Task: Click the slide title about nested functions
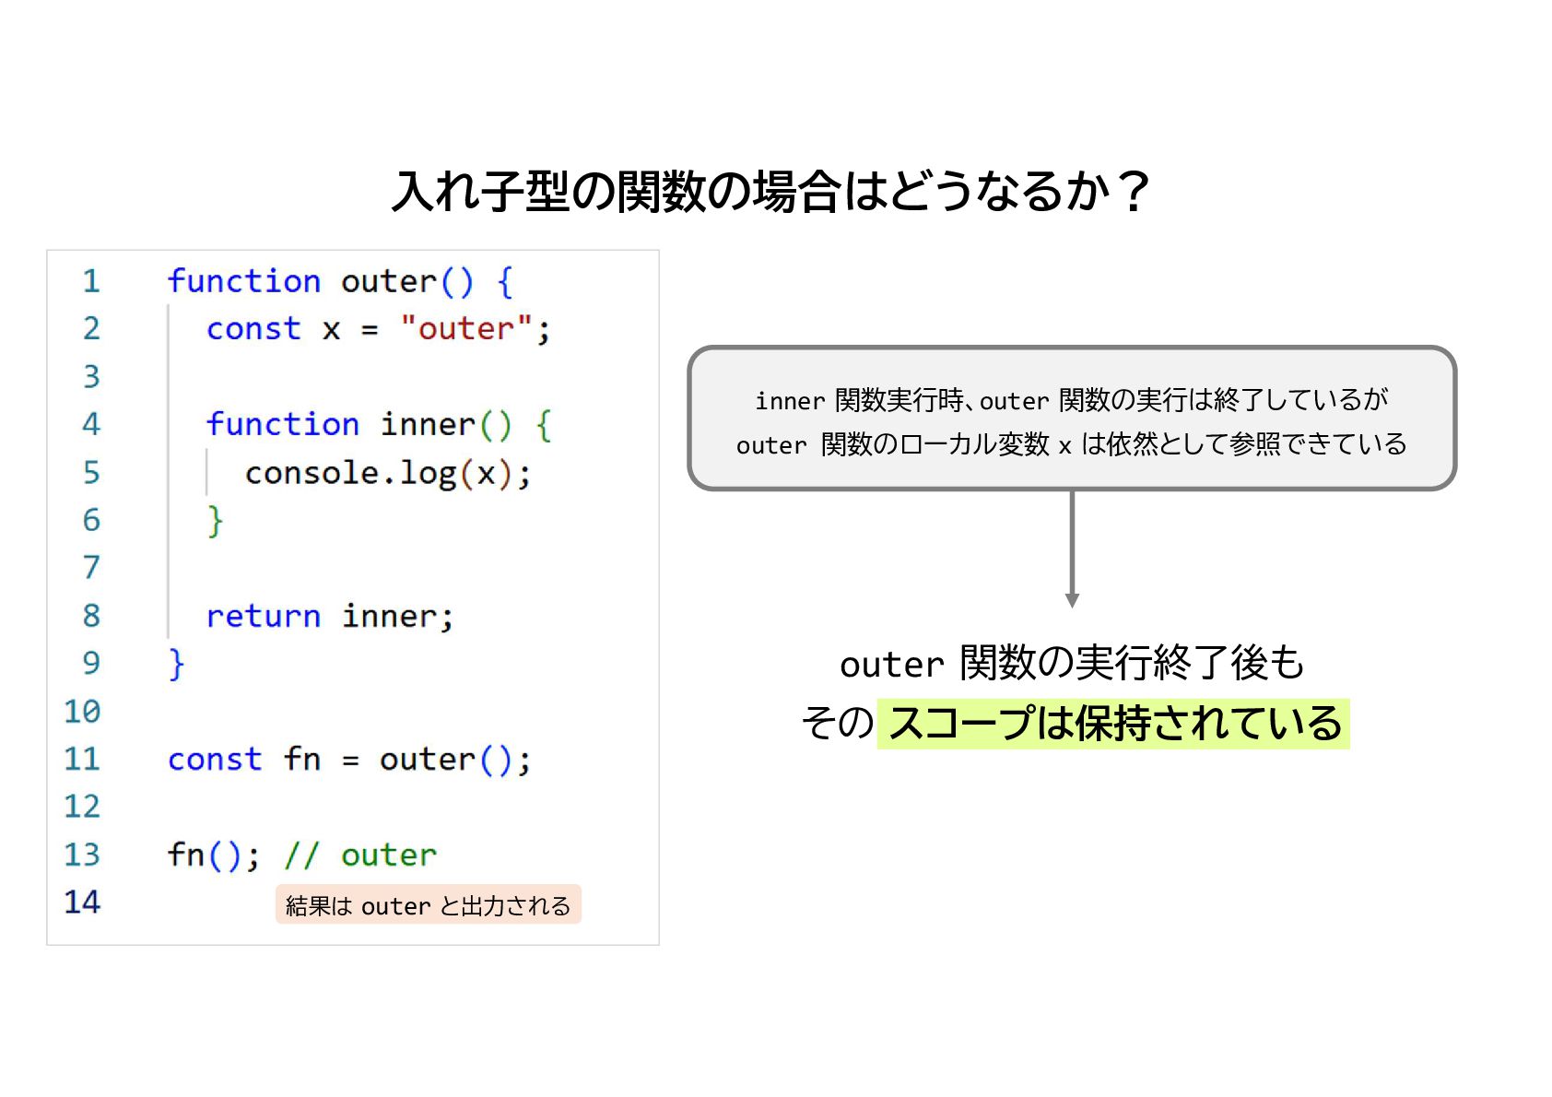pyautogui.click(x=770, y=192)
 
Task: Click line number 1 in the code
pyautogui.click(x=90, y=281)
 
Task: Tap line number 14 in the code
pyautogui.click(x=82, y=902)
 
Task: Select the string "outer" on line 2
pyautogui.click(x=466, y=328)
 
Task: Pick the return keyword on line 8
pyautogui.click(x=263, y=616)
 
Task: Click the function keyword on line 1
pyautogui.click(x=243, y=281)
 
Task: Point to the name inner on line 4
pyautogui.click(x=428, y=424)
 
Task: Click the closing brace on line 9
pyautogui.click(x=176, y=664)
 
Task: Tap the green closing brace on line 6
pyautogui.click(x=215, y=521)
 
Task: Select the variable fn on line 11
pyautogui.click(x=302, y=759)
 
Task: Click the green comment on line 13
pyautogui.click(x=360, y=855)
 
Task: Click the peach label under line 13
pyautogui.click(x=428, y=905)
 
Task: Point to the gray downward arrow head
pyautogui.click(x=1072, y=599)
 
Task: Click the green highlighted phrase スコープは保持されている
pyautogui.click(x=1113, y=724)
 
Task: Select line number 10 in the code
pyautogui.click(x=82, y=712)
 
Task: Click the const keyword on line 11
pyautogui.click(x=215, y=759)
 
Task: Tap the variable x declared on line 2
pyautogui.click(x=332, y=329)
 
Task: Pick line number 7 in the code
pyautogui.click(x=90, y=568)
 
